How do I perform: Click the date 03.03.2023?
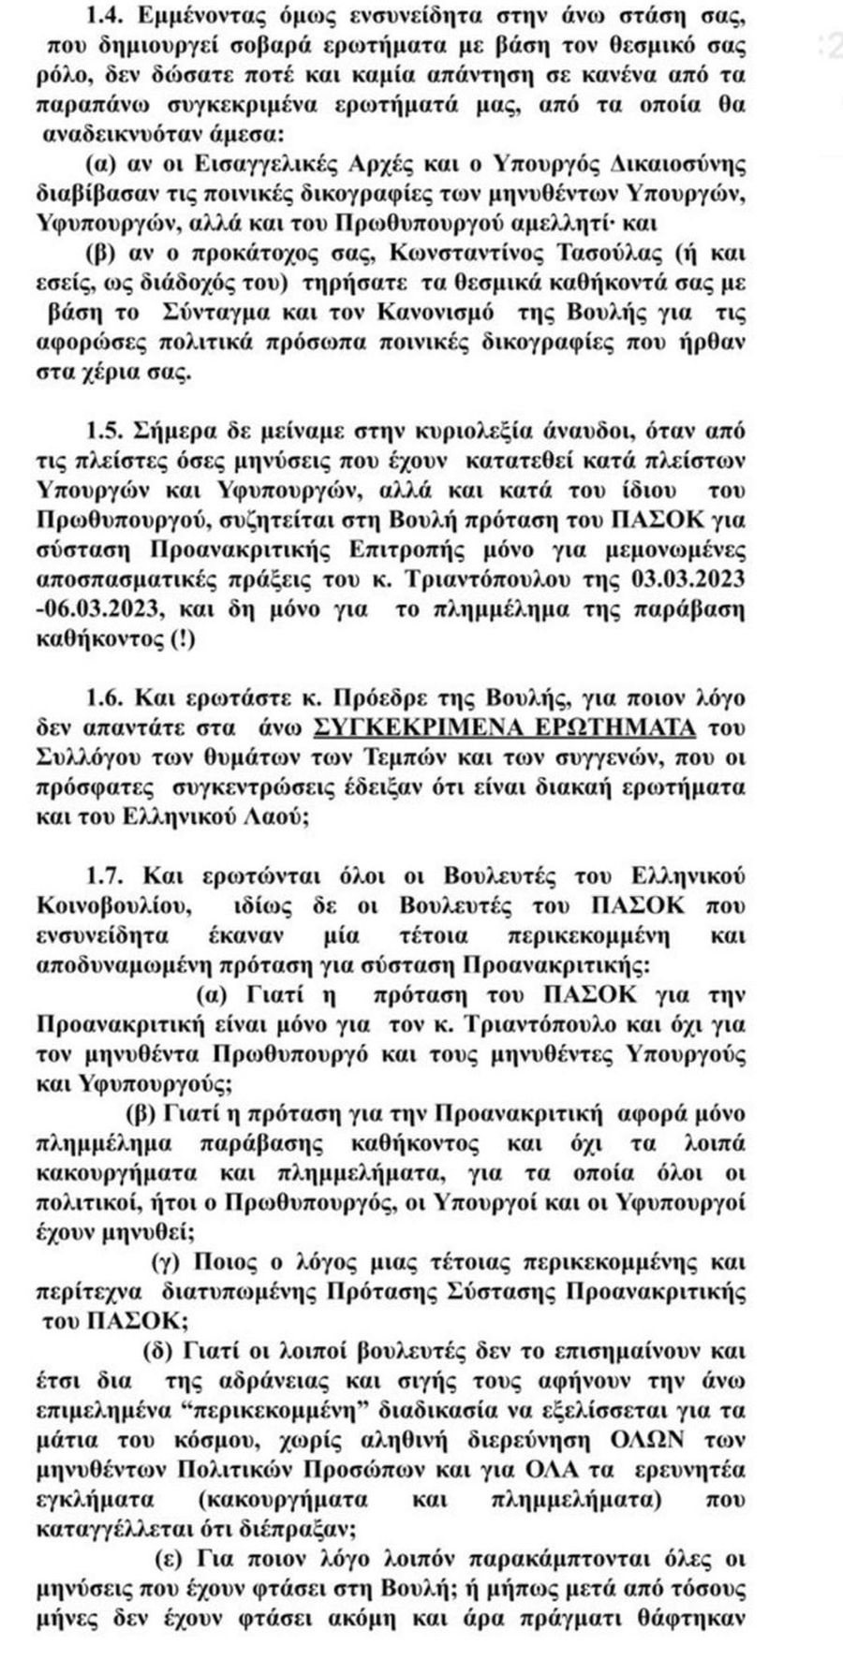click(x=694, y=580)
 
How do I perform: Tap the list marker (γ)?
click(x=169, y=1262)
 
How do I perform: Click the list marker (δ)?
click(x=159, y=1351)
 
